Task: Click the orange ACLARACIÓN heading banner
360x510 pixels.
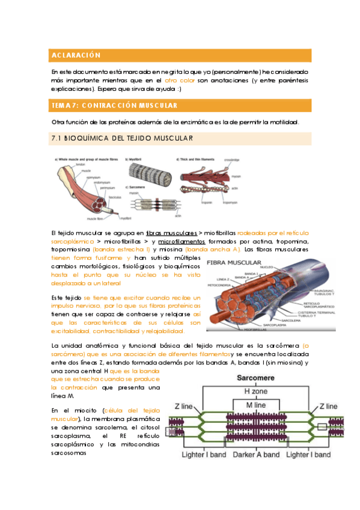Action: click(180, 55)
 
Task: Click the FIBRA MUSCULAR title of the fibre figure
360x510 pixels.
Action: click(234, 263)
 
